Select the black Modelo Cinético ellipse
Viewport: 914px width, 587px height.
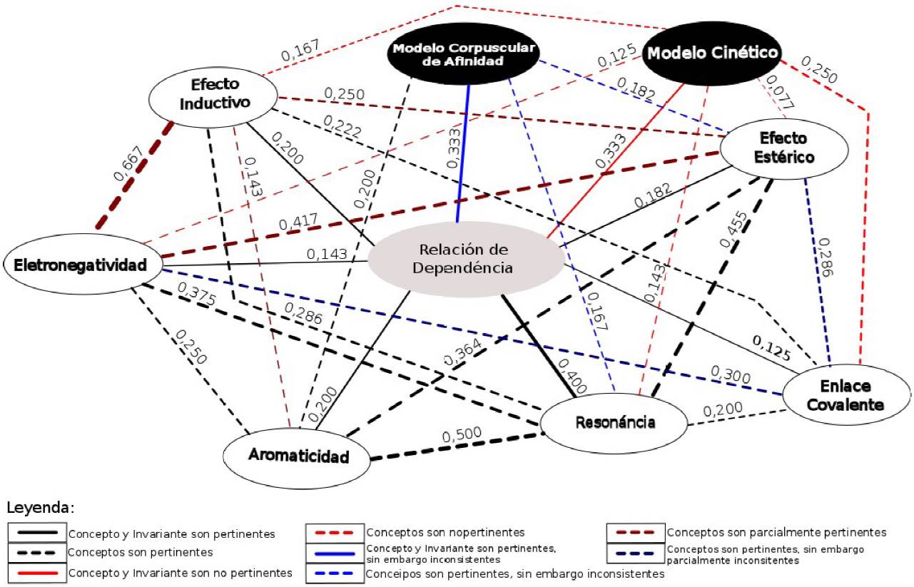tap(711, 53)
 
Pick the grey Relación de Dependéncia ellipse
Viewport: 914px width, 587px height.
tap(465, 259)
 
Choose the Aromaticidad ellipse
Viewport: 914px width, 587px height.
tap(298, 456)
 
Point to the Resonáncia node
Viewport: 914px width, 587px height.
tap(615, 422)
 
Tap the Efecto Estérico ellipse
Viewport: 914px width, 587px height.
tap(784, 148)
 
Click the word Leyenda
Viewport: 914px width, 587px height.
tap(41, 509)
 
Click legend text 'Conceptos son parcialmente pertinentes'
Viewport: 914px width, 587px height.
tap(776, 533)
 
